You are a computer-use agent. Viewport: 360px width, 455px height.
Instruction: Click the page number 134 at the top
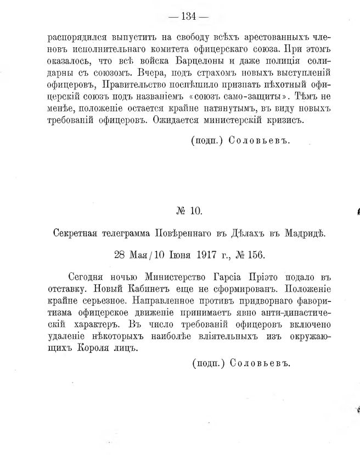tap(188, 16)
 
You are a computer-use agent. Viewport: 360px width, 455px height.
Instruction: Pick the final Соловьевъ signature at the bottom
tap(261, 363)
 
